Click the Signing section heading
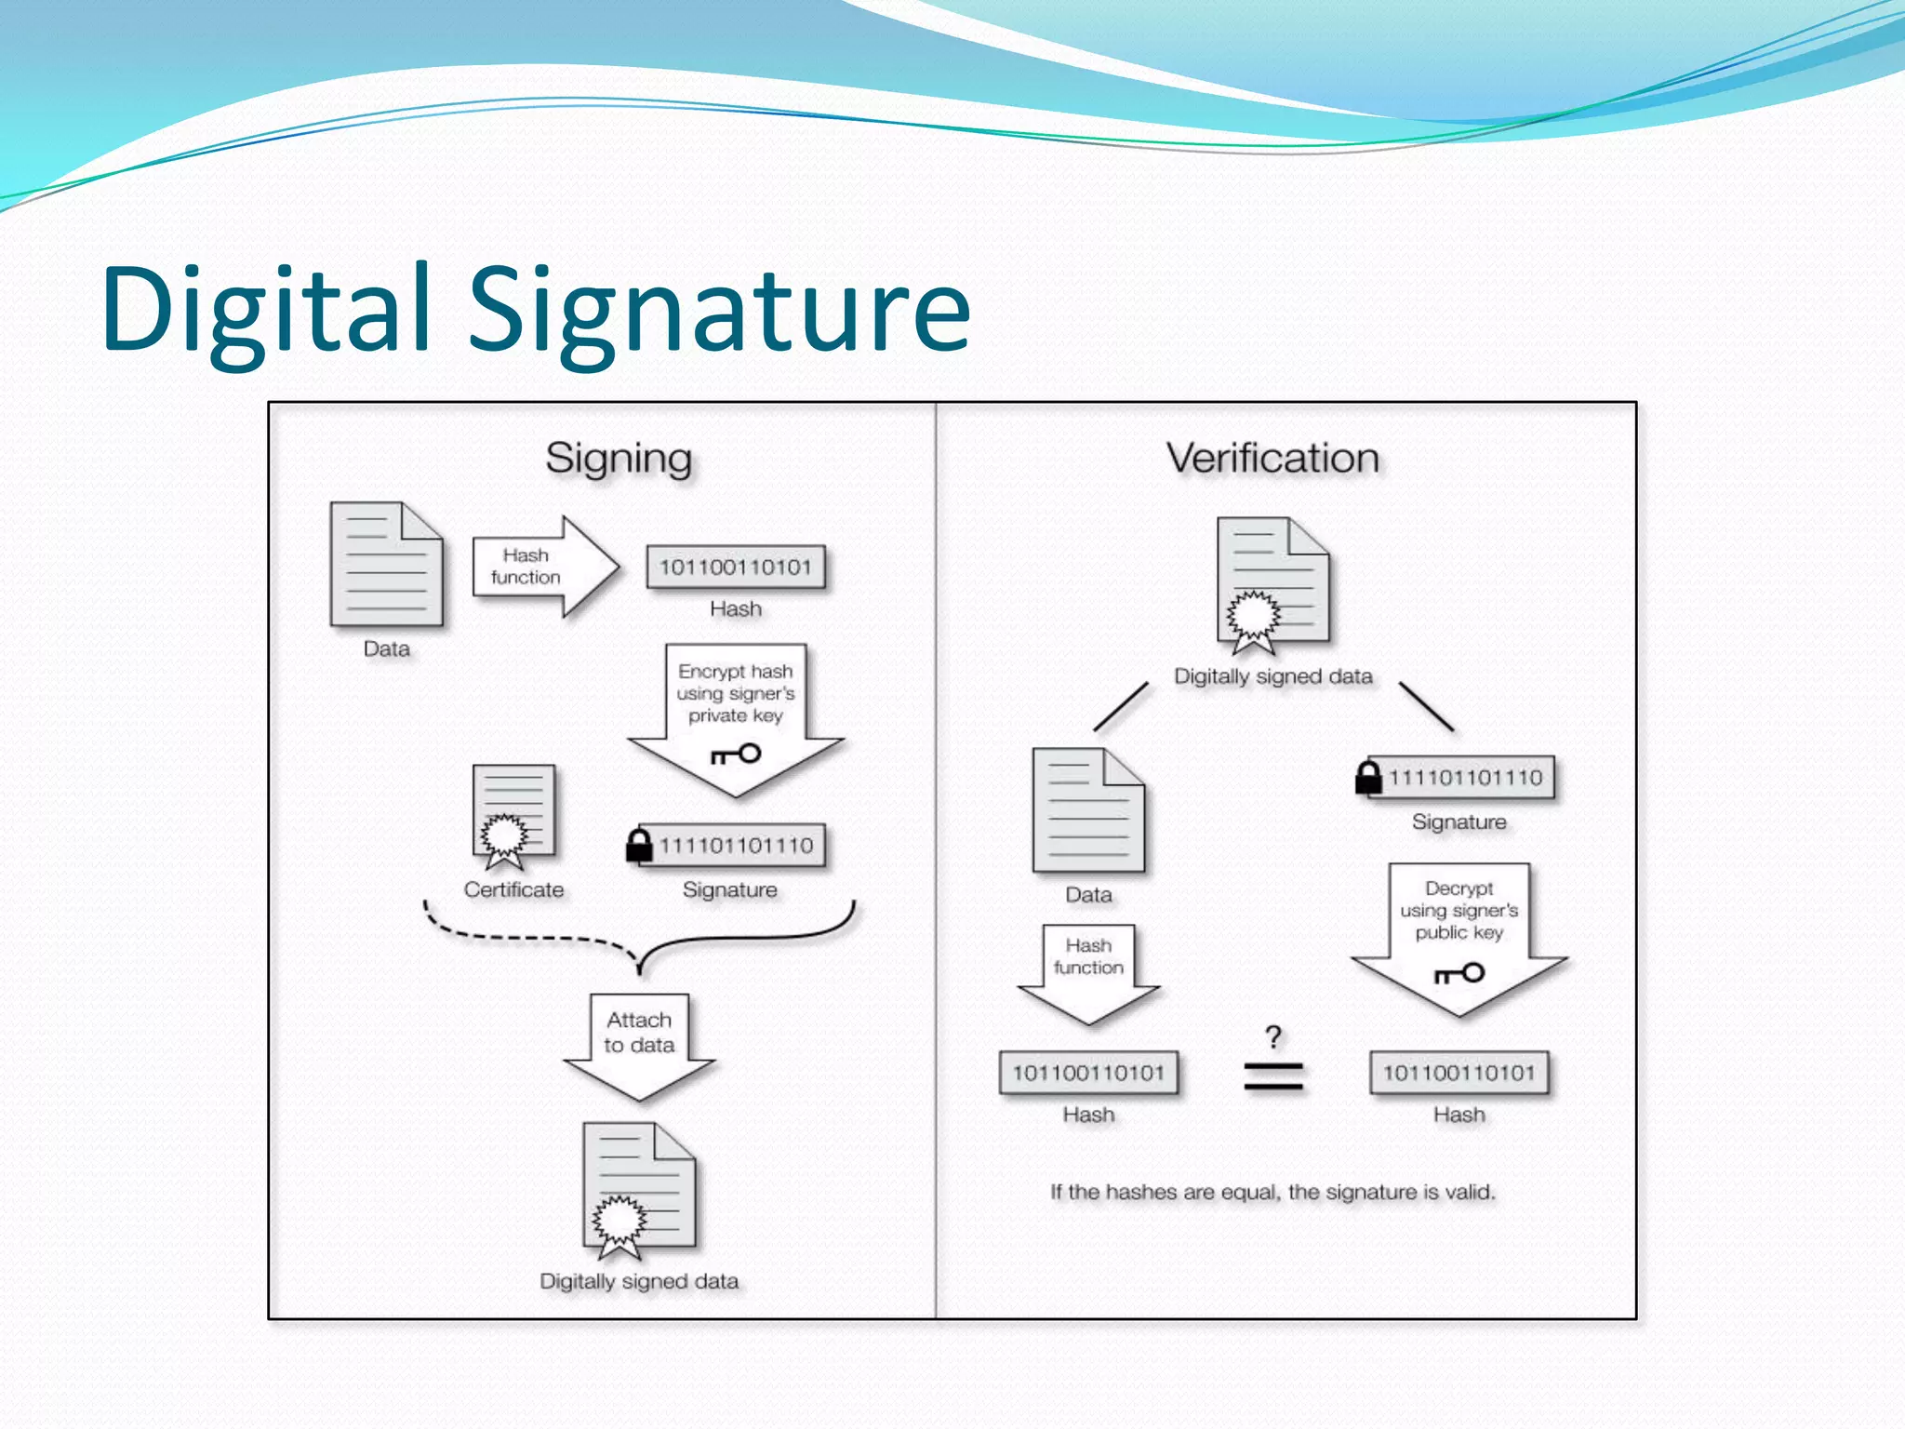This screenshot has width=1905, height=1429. pyautogui.click(x=619, y=459)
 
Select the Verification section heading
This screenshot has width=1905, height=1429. pyautogui.click(x=1272, y=459)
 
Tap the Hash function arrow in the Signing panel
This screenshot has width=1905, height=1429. pyautogui.click(x=545, y=567)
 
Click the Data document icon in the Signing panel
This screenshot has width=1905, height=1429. pyautogui.click(x=386, y=565)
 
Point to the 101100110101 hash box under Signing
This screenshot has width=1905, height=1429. pyautogui.click(x=736, y=568)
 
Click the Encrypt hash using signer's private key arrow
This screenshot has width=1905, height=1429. pyautogui.click(x=736, y=716)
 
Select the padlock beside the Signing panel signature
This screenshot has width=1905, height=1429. pyautogui.click(x=639, y=845)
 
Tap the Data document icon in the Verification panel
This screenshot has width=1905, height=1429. pyautogui.click(x=1088, y=811)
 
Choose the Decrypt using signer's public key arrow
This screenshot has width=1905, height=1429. pyautogui.click(x=1459, y=935)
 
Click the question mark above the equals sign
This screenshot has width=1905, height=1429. pyautogui.click(x=1273, y=1036)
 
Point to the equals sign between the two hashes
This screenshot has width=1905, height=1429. pyautogui.click(x=1273, y=1077)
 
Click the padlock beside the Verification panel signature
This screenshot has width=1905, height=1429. pyautogui.click(x=1368, y=778)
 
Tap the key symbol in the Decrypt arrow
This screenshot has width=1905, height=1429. pyautogui.click(x=1459, y=974)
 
